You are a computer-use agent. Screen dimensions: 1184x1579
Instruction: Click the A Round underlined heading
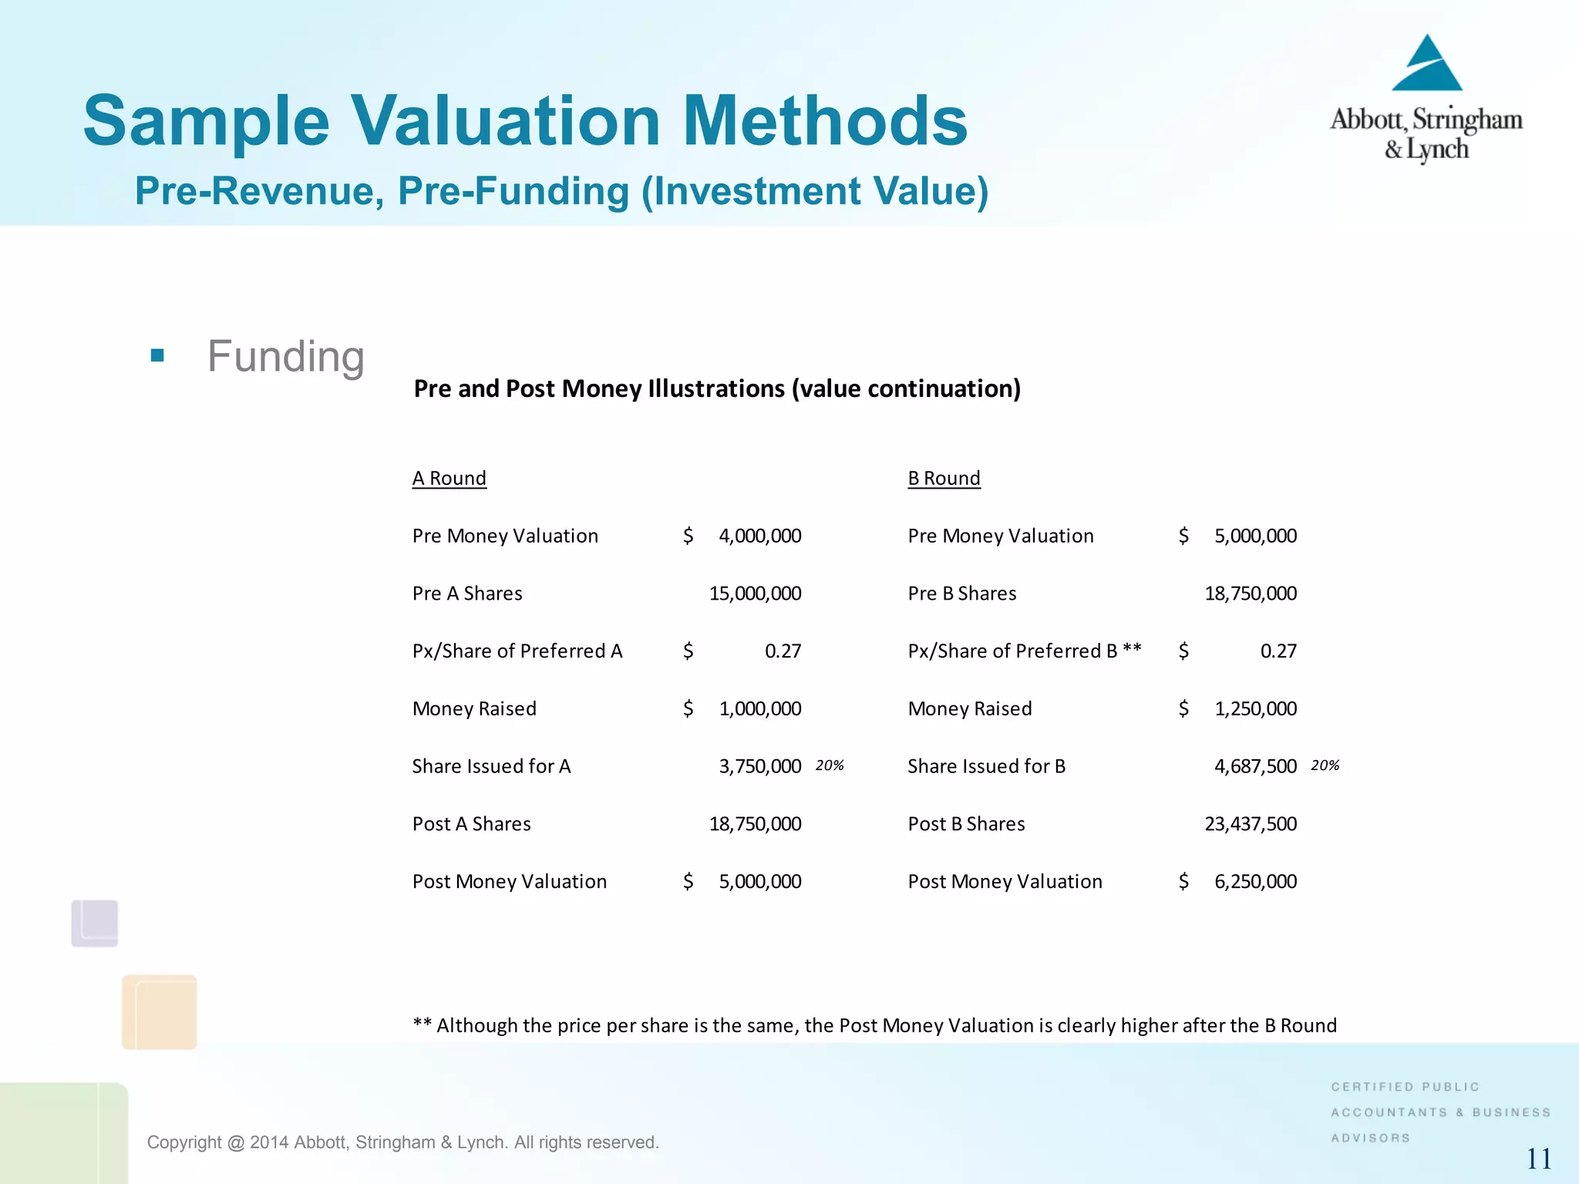[x=449, y=479]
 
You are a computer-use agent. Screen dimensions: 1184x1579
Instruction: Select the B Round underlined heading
[x=944, y=479]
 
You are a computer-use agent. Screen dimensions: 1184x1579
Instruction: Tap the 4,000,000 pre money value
[x=759, y=536]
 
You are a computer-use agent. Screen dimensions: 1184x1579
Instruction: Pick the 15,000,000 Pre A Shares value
[x=755, y=594]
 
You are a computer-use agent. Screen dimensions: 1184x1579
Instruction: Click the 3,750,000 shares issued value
[x=759, y=766]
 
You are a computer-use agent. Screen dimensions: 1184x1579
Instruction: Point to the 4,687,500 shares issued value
[x=1255, y=766]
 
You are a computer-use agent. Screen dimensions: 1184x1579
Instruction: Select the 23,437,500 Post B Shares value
[x=1251, y=824]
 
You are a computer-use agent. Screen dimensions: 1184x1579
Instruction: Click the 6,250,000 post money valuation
[x=1255, y=881]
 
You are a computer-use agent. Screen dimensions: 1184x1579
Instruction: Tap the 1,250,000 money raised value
[x=1255, y=708]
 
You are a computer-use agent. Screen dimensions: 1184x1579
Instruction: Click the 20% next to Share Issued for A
[x=830, y=765]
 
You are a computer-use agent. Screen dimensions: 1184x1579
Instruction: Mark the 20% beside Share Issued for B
[x=1325, y=765]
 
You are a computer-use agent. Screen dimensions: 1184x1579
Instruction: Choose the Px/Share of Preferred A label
[x=517, y=651]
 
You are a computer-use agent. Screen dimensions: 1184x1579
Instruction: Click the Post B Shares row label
[x=966, y=824]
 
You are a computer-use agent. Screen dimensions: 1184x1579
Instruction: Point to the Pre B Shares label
[x=962, y=594]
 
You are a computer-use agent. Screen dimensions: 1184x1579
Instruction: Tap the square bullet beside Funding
[x=158, y=355]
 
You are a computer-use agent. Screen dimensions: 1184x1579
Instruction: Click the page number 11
[x=1539, y=1159]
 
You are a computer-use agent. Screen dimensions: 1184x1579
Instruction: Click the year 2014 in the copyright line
[x=269, y=1142]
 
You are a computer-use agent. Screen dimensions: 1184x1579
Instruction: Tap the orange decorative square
[x=160, y=1012]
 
